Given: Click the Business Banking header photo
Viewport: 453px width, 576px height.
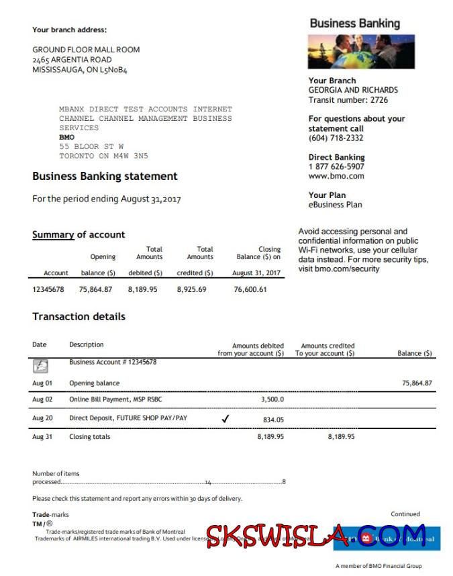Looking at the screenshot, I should (360, 52).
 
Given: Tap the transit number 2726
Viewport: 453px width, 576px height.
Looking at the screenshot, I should (377, 100).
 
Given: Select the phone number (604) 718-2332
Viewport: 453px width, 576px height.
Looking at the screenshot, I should (336, 138).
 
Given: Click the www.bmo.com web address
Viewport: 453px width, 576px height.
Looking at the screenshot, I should (336, 177).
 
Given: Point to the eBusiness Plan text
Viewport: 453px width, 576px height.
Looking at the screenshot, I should (335, 205).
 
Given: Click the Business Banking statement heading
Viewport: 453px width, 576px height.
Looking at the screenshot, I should (105, 177).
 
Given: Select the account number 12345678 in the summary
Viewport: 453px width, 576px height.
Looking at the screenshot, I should (48, 289).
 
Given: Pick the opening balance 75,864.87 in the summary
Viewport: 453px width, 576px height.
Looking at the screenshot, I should (95, 289).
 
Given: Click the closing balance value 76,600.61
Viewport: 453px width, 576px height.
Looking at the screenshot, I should (250, 289).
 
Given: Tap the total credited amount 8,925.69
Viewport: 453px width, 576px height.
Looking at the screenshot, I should (191, 289).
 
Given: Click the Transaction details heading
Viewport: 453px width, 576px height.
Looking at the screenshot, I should (79, 316).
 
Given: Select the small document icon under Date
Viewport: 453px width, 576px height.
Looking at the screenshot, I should (40, 366).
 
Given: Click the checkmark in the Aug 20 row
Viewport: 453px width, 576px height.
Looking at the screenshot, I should (225, 418).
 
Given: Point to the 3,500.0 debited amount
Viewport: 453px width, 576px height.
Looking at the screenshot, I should (272, 399).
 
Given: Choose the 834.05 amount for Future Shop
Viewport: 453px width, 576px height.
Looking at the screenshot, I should (273, 420).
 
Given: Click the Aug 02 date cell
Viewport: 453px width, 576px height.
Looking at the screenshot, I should (42, 399).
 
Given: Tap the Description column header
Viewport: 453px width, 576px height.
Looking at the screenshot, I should (87, 345).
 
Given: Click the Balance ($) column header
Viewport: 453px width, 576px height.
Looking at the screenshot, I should (415, 353).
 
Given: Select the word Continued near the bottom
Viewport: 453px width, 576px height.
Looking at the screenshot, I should (405, 514).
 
